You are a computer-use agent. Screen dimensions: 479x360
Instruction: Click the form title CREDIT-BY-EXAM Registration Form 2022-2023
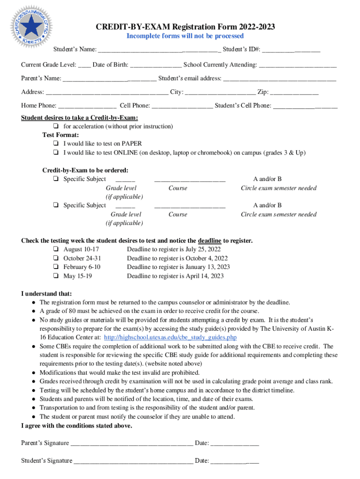point(186,27)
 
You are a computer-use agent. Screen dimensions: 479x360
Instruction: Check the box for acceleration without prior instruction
point(56,127)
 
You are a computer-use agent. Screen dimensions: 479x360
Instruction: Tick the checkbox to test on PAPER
point(56,144)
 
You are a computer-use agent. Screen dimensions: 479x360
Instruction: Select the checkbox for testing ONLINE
point(56,153)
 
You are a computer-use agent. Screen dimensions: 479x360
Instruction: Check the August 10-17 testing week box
point(56,250)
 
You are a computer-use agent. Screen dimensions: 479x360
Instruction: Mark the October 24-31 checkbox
point(56,259)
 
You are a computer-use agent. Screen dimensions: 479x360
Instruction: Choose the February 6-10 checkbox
point(56,267)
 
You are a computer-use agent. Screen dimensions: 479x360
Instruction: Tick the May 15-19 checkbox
point(56,276)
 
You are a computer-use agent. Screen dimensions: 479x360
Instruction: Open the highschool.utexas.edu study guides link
point(170,338)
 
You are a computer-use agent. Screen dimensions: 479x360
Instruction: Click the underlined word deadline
point(209,241)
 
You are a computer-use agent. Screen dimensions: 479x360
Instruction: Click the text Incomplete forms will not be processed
point(186,36)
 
